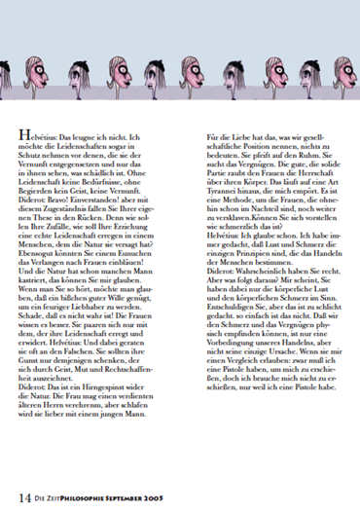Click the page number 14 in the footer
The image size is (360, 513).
pos(22,496)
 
